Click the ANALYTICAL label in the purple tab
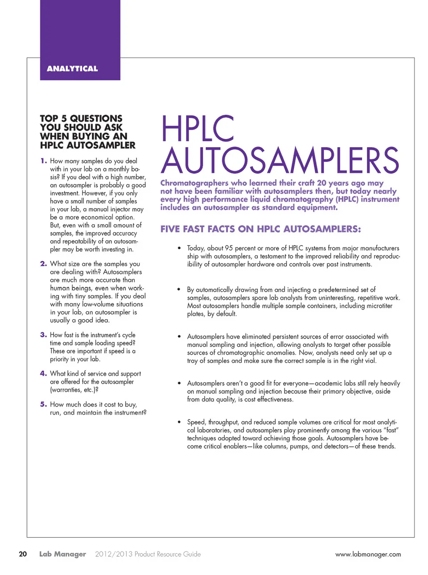pos(72,69)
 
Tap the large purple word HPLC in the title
pos(198,129)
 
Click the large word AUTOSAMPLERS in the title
pos(280,160)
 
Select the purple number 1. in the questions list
pos(44,161)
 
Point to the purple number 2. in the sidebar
pos(44,264)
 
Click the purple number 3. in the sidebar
pos(44,335)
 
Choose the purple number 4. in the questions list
pos(44,374)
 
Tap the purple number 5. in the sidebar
pos(44,404)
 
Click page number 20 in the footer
pos(23,554)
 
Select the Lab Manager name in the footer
pos(62,554)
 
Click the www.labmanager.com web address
pos(368,554)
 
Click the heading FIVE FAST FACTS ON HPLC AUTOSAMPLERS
pos(260,229)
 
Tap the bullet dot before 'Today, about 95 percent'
pos(179,248)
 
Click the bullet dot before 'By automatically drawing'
pos(179,290)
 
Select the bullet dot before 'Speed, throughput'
pos(179,422)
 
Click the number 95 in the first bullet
pos(229,248)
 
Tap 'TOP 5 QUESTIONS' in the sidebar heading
pos(81,119)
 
